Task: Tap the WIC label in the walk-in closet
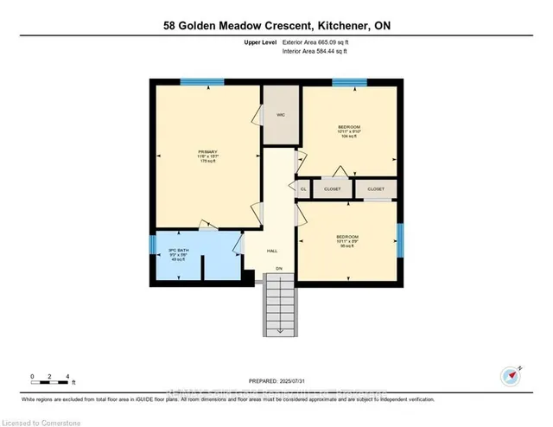coord(281,114)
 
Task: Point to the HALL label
coord(271,250)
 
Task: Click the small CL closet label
coord(303,188)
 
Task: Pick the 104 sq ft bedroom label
coord(348,132)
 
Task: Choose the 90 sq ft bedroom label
coord(347,241)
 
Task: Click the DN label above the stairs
coord(278,270)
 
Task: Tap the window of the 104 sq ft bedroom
coord(350,82)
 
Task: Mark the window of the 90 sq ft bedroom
coord(399,237)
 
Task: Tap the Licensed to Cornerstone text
coord(37,421)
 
